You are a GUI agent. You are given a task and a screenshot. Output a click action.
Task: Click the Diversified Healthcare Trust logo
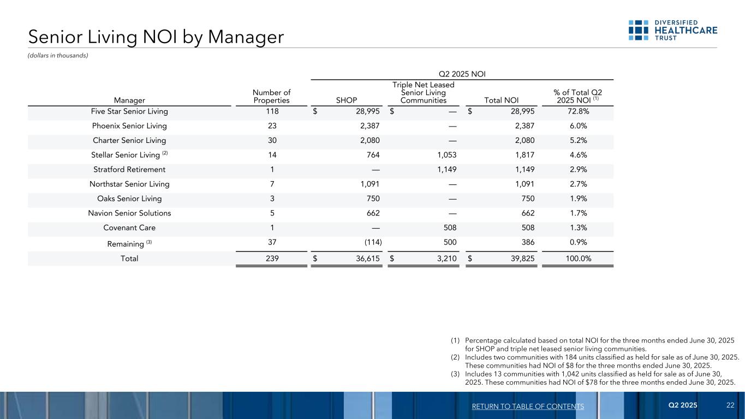(x=672, y=30)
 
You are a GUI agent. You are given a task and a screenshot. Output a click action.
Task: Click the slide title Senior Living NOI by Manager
(x=156, y=37)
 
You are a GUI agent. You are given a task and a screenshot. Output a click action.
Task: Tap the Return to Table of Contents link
(x=527, y=406)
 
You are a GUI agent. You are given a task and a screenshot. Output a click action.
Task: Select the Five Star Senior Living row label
(x=129, y=111)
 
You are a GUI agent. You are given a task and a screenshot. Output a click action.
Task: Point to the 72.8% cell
(x=577, y=111)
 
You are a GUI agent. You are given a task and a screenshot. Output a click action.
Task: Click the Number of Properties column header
(x=272, y=97)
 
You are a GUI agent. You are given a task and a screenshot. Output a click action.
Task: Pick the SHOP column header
(x=347, y=100)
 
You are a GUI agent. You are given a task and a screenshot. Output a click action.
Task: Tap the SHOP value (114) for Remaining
(x=369, y=242)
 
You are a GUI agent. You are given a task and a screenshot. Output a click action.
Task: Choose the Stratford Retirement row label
(x=129, y=169)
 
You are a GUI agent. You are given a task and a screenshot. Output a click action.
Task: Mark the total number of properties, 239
(x=272, y=259)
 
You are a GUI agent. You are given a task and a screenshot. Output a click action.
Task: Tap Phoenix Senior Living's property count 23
(x=272, y=125)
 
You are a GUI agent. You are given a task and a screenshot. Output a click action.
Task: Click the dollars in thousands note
(x=58, y=55)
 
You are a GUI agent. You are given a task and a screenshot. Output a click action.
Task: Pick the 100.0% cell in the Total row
(x=577, y=259)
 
